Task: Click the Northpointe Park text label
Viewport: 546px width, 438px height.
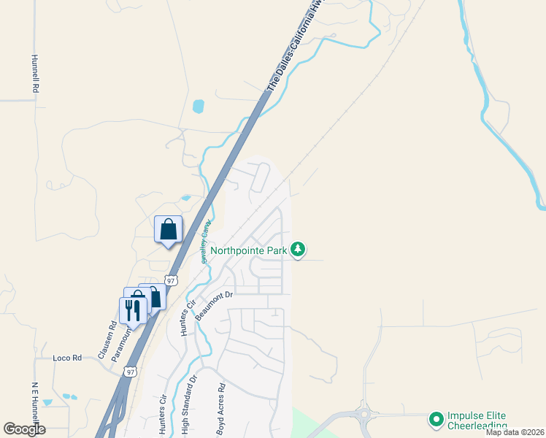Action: click(249, 250)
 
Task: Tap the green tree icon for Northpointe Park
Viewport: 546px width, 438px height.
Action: click(298, 250)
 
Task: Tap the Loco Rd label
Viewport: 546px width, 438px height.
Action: click(66, 358)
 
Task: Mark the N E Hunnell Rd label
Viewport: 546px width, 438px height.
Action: click(34, 406)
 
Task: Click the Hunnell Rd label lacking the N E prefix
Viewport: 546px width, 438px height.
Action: click(34, 73)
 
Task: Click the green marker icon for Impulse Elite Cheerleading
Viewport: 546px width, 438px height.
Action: click(437, 419)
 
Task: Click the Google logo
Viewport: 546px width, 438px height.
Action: click(24, 429)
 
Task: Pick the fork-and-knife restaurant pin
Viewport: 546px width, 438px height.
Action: click(133, 310)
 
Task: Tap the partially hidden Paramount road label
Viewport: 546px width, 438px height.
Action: click(120, 345)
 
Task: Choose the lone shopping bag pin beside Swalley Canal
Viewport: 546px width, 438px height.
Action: click(168, 229)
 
